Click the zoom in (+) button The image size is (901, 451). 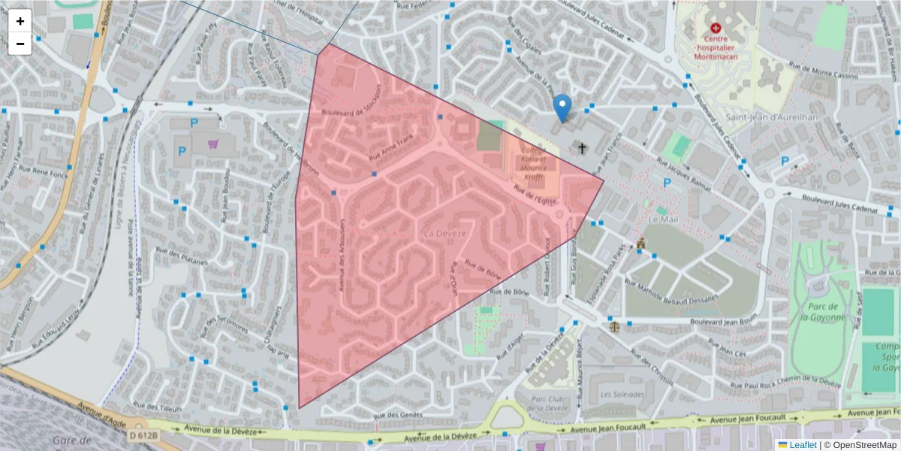pos(20,21)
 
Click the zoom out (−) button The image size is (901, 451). pos(20,44)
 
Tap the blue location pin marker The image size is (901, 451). pos(562,107)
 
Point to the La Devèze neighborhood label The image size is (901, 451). pos(445,234)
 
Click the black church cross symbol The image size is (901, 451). pos(582,148)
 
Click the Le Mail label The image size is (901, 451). pos(663,219)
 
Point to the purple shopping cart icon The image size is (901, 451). pos(214,144)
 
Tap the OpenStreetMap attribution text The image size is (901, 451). pos(864,444)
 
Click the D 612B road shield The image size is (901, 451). pos(143,435)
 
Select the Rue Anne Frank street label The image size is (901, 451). pos(390,146)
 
